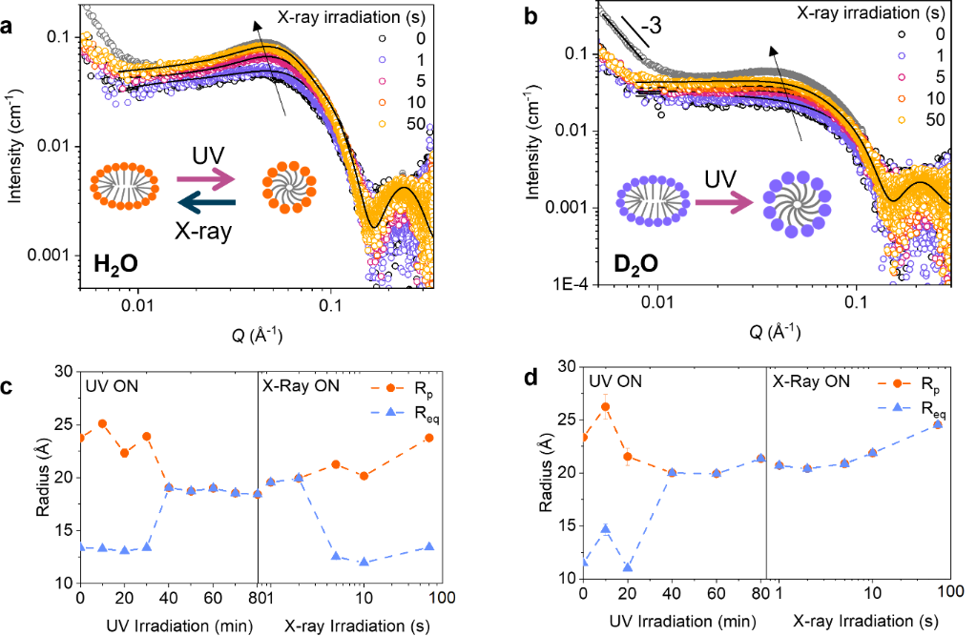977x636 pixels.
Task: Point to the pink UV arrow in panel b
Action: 724,203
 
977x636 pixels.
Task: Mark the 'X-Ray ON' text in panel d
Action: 811,380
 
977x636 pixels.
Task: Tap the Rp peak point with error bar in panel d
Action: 604,406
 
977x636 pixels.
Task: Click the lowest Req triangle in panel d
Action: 628,567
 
